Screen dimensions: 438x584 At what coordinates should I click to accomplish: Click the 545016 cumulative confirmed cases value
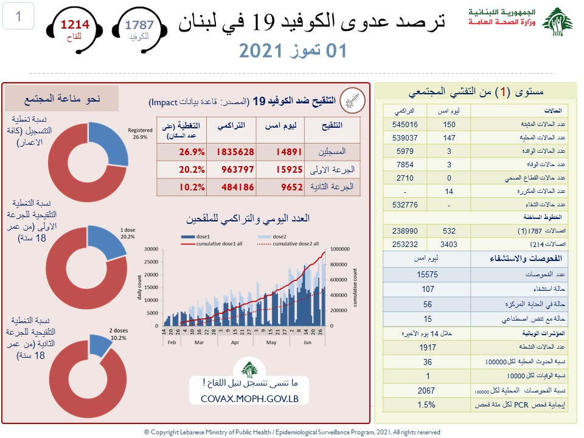400,125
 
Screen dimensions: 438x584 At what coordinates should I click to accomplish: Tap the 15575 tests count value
428,274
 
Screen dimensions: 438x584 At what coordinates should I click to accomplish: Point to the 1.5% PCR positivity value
428,405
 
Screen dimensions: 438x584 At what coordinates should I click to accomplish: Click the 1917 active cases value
428,348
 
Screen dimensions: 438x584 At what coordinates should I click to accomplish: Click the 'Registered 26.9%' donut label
139,133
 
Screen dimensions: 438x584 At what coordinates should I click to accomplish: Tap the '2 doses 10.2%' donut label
118,334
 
